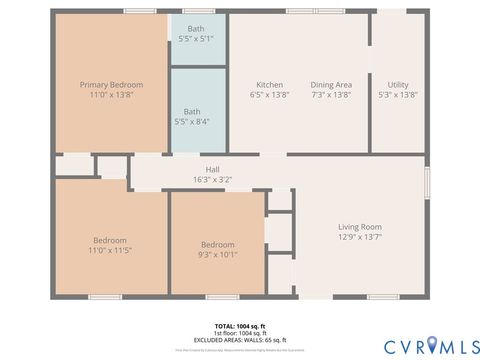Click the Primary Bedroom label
coord(110,85)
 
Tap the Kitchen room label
coord(269,85)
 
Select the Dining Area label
coord(331,85)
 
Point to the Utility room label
coord(398,85)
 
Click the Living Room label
coord(360,227)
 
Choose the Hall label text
coord(212,169)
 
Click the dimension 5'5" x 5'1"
coord(196,38)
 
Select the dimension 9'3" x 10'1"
coord(217,254)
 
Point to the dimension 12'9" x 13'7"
coord(360,237)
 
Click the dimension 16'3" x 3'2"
coord(212,179)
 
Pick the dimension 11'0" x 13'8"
coord(110,95)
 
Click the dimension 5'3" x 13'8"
coord(398,95)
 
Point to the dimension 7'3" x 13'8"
coord(331,95)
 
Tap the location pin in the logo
coord(433,345)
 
